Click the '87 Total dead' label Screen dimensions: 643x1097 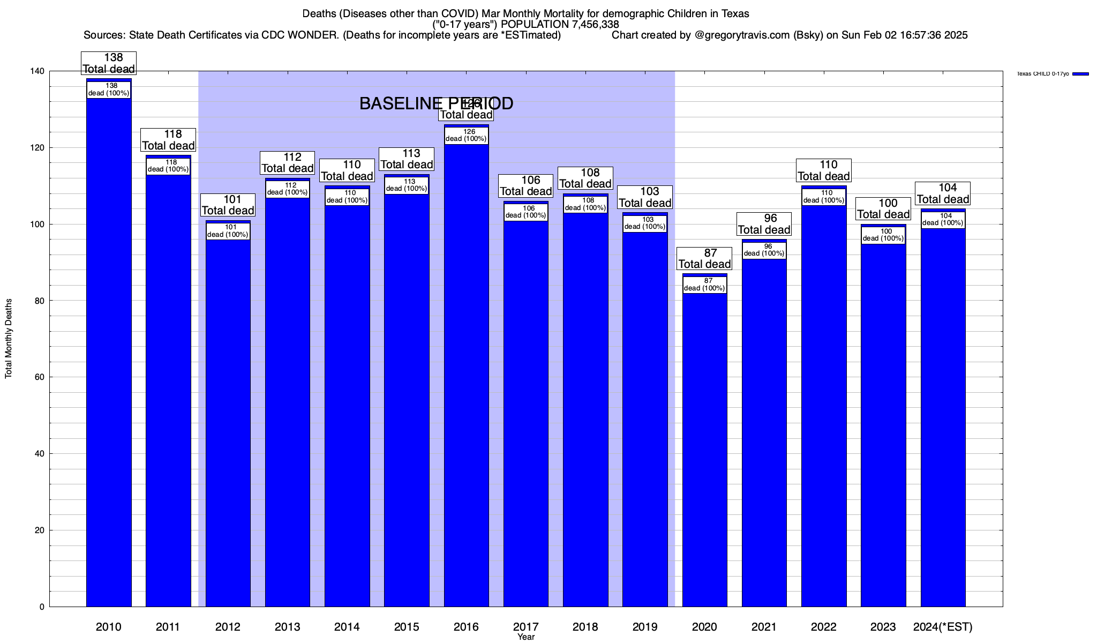pyautogui.click(x=704, y=258)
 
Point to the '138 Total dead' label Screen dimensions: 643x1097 pyautogui.click(x=109, y=63)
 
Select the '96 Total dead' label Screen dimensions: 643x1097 pyautogui.click(x=764, y=224)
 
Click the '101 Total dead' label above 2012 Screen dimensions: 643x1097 pyautogui.click(x=228, y=205)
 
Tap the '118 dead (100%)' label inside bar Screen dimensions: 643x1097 pyautogui.click(x=168, y=166)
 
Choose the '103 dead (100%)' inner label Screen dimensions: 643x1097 pyautogui.click(x=645, y=223)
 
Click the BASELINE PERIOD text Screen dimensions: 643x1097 pyautogui.click(x=436, y=103)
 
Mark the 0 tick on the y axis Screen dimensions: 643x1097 pyautogui.click(x=43, y=607)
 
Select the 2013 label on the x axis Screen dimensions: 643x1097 pyautogui.click(x=288, y=627)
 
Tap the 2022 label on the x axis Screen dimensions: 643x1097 pyautogui.click(x=824, y=627)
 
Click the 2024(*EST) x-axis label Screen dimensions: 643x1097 pyautogui.click(x=943, y=627)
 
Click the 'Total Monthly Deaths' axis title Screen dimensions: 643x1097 pyautogui.click(x=9, y=339)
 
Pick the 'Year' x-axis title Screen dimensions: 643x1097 pyautogui.click(x=526, y=637)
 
